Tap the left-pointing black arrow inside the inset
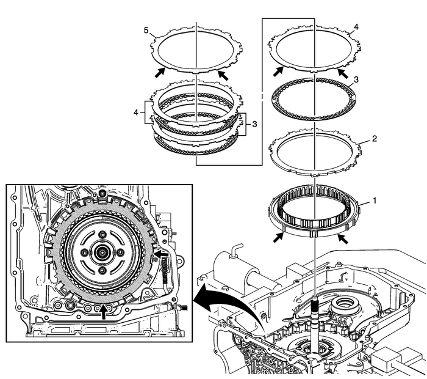[x=159, y=251]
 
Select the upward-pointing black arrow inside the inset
[x=104, y=311]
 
